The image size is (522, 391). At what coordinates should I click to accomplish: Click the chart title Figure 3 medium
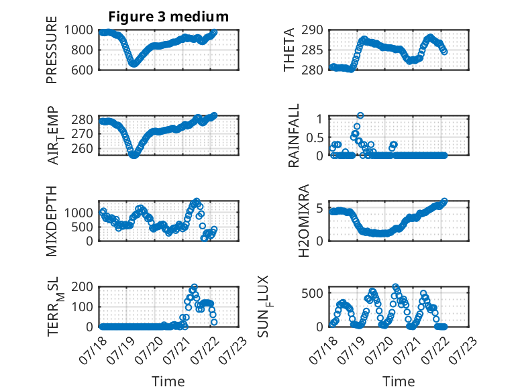point(168,17)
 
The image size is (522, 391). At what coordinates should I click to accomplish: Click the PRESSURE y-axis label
point(52,50)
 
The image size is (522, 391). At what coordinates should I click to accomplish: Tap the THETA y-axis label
point(289,50)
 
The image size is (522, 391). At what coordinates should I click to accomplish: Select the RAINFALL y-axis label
point(294,135)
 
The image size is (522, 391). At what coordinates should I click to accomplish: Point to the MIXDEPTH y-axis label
point(52,221)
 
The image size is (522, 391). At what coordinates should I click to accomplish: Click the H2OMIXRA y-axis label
point(304,221)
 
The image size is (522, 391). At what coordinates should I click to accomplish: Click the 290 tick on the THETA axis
point(312,30)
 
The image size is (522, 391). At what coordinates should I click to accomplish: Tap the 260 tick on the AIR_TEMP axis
point(82,148)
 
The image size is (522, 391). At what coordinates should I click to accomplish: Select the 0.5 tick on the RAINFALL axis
point(315,137)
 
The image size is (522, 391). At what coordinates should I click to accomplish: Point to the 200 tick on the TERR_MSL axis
point(82,287)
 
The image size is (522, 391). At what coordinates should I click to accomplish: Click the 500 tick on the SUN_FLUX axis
point(312,294)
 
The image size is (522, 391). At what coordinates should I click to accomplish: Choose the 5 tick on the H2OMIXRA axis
point(319,209)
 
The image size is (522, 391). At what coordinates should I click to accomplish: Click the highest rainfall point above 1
point(360,115)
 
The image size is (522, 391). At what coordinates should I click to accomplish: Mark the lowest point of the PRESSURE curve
point(133,64)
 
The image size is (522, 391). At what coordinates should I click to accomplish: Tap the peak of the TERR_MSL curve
point(195,287)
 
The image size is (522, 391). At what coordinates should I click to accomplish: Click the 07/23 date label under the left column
point(233,350)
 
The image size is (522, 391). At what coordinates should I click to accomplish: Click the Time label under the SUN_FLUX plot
point(399,381)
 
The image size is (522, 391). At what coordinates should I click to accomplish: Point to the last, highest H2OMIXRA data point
point(444,201)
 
